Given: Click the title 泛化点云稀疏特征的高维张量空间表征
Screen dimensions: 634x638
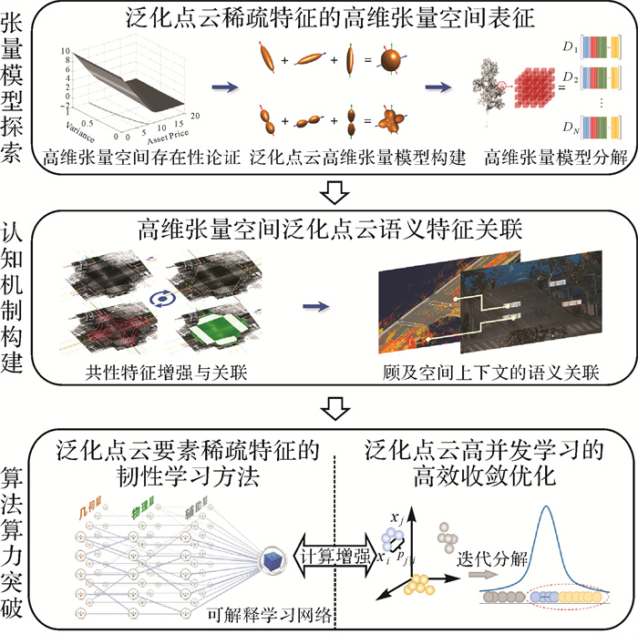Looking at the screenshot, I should click(336, 18).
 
